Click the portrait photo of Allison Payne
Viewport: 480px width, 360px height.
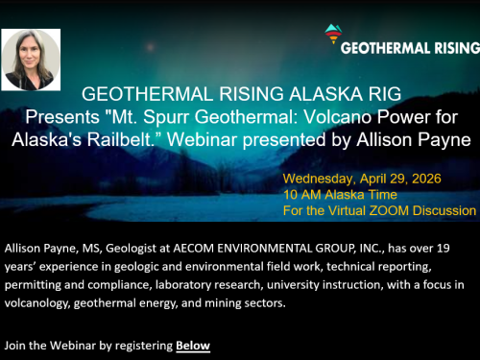[32, 59]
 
